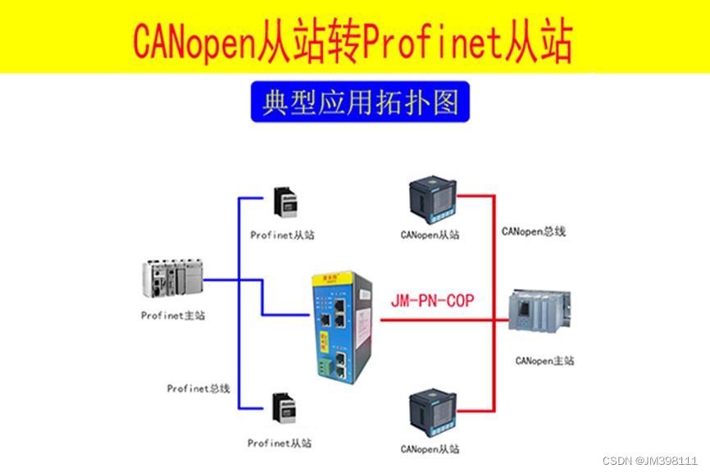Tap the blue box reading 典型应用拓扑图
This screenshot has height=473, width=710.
pos(360,102)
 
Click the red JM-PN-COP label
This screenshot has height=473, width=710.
pos(432,301)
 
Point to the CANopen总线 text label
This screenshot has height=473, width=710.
pos(534,231)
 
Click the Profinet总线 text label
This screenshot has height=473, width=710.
pos(198,389)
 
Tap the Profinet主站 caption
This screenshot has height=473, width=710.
pos(173,315)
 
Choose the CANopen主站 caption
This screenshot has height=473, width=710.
pos(545,361)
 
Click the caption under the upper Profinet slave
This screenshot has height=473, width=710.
pos(282,234)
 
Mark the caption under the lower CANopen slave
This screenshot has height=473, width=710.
pos(430,449)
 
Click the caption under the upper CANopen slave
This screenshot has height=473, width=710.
pos(430,234)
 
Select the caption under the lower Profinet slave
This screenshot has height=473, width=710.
pos(280,443)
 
